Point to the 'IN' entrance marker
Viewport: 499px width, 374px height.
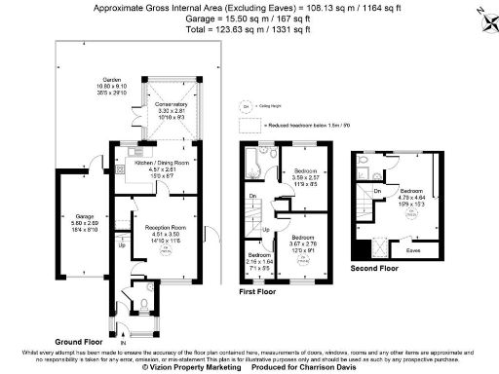coord(123,343)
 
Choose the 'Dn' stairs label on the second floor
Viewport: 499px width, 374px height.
coord(377,191)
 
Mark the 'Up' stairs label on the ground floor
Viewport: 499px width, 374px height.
coord(121,245)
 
